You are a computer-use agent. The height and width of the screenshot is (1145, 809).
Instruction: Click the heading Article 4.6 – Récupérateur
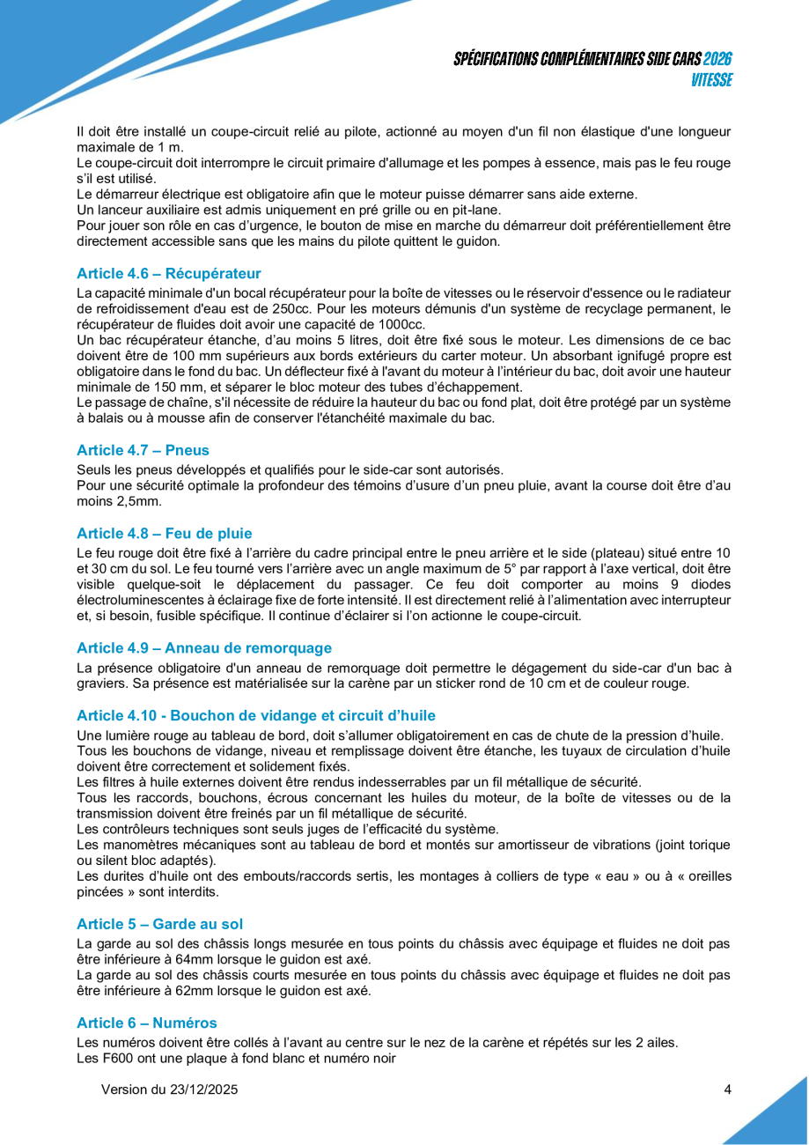pos(168,273)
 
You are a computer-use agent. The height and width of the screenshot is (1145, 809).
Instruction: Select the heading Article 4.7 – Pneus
pos(143,450)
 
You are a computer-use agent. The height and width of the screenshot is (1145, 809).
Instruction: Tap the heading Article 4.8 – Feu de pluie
pos(164,533)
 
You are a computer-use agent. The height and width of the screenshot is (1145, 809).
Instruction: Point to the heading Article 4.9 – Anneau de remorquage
pos(204,648)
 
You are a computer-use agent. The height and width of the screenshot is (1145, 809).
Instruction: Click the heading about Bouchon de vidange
pos(255,715)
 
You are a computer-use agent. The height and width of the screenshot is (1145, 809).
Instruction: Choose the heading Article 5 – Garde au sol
pos(159,924)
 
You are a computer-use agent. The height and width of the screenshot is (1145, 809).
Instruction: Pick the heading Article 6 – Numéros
pos(146,1023)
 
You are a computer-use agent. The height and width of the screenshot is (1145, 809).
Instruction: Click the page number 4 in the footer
pos(727,1090)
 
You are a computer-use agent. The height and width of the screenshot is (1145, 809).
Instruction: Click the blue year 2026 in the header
pos(718,60)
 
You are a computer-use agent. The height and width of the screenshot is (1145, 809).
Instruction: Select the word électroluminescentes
pos(143,600)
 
